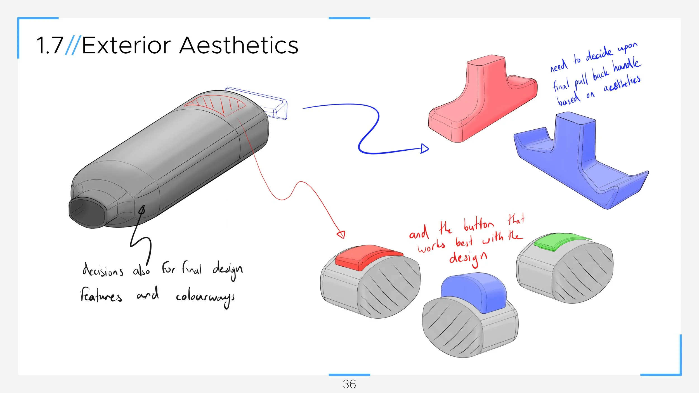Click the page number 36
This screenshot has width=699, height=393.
349,384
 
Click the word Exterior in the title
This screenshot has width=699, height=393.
126,45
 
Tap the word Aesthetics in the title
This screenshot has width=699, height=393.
239,45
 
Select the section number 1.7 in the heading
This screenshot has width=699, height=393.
50,45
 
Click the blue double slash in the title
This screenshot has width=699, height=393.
73,45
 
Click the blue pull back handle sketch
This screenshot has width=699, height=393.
579,162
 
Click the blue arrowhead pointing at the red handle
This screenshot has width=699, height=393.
424,148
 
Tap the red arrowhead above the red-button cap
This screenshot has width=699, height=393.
341,234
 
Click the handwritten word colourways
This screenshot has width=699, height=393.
205,297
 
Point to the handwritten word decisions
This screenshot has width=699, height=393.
103,271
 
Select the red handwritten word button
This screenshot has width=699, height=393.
478,225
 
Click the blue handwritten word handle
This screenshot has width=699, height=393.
627,65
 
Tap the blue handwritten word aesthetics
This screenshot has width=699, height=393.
622,83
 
